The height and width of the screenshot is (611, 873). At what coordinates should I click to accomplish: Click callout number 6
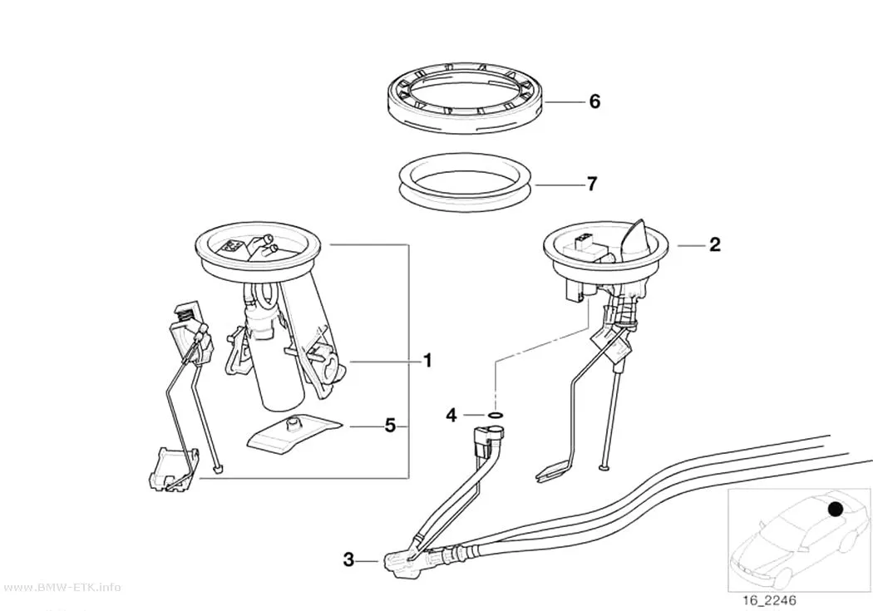coord(594,101)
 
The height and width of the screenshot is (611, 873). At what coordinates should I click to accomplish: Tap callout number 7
coord(592,184)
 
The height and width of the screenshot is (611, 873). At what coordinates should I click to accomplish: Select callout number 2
coord(715,245)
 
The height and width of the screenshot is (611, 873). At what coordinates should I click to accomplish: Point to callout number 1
coord(427,361)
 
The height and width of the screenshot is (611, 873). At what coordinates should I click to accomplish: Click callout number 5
coord(390,426)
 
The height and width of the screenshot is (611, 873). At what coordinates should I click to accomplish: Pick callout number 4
coord(451,415)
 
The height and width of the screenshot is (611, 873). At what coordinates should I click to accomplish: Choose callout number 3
coord(348,559)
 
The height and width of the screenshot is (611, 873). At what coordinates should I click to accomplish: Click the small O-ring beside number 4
coord(496,415)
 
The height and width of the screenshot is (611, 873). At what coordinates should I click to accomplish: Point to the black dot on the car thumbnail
coord(835,509)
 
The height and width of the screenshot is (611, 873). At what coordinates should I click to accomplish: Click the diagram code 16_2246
coord(769,600)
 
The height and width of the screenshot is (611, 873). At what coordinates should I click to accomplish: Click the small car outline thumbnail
coord(800,540)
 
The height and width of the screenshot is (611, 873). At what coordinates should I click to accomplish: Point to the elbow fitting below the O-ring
coord(488,436)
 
